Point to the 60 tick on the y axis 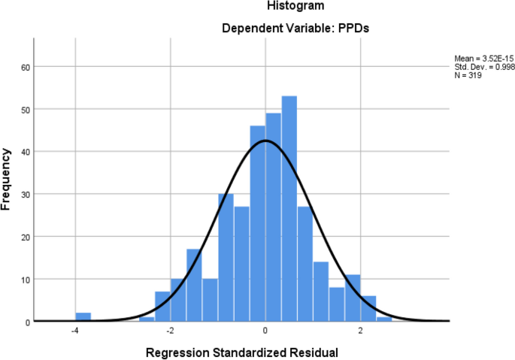tap(25, 67)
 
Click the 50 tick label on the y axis tap(25, 110)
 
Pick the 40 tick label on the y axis tap(25, 152)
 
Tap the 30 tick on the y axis tap(25, 195)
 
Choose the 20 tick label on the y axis tap(25, 237)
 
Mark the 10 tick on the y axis tap(25, 280)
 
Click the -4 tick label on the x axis tap(74, 331)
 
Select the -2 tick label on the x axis tap(170, 331)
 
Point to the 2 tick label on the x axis tap(361, 331)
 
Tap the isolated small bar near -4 tap(83, 317)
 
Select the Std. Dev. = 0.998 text tap(484, 67)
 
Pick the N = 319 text tap(468, 75)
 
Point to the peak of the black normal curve tap(265, 141)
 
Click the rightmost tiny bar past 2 tap(384, 319)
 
